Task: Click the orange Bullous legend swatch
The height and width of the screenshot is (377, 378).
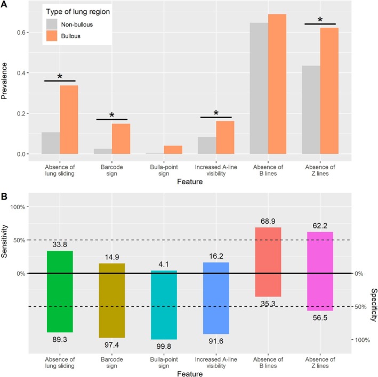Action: pos(52,36)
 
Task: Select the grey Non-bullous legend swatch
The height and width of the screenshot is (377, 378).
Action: pos(52,24)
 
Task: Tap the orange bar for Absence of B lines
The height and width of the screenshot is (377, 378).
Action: pos(277,84)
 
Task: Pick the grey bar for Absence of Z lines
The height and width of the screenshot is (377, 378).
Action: pos(311,110)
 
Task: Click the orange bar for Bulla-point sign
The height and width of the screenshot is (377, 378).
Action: pos(173,150)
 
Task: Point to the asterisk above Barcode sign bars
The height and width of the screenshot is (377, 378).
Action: pos(112,115)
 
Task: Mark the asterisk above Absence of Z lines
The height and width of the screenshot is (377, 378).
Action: pos(320,20)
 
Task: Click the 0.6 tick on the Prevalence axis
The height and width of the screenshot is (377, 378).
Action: pos(21,32)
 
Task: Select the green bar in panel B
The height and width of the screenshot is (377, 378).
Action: pos(60,292)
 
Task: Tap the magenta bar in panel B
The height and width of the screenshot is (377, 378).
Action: pos(320,272)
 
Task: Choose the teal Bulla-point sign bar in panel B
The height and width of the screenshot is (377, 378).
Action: pos(164,305)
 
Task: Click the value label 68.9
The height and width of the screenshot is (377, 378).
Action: pos(268,221)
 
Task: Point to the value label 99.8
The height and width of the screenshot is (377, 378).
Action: pos(164,346)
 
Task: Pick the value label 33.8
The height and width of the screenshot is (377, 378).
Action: pos(60,244)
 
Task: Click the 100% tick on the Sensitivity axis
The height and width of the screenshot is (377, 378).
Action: pos(18,207)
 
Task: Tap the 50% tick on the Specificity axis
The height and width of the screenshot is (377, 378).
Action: pos(360,307)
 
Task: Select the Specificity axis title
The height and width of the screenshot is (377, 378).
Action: pos(374,305)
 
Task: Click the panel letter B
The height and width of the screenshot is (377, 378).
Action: pos(4,196)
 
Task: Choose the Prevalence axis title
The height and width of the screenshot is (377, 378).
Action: pos(4,81)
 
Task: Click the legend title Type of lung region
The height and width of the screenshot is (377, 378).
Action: pos(78,12)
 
